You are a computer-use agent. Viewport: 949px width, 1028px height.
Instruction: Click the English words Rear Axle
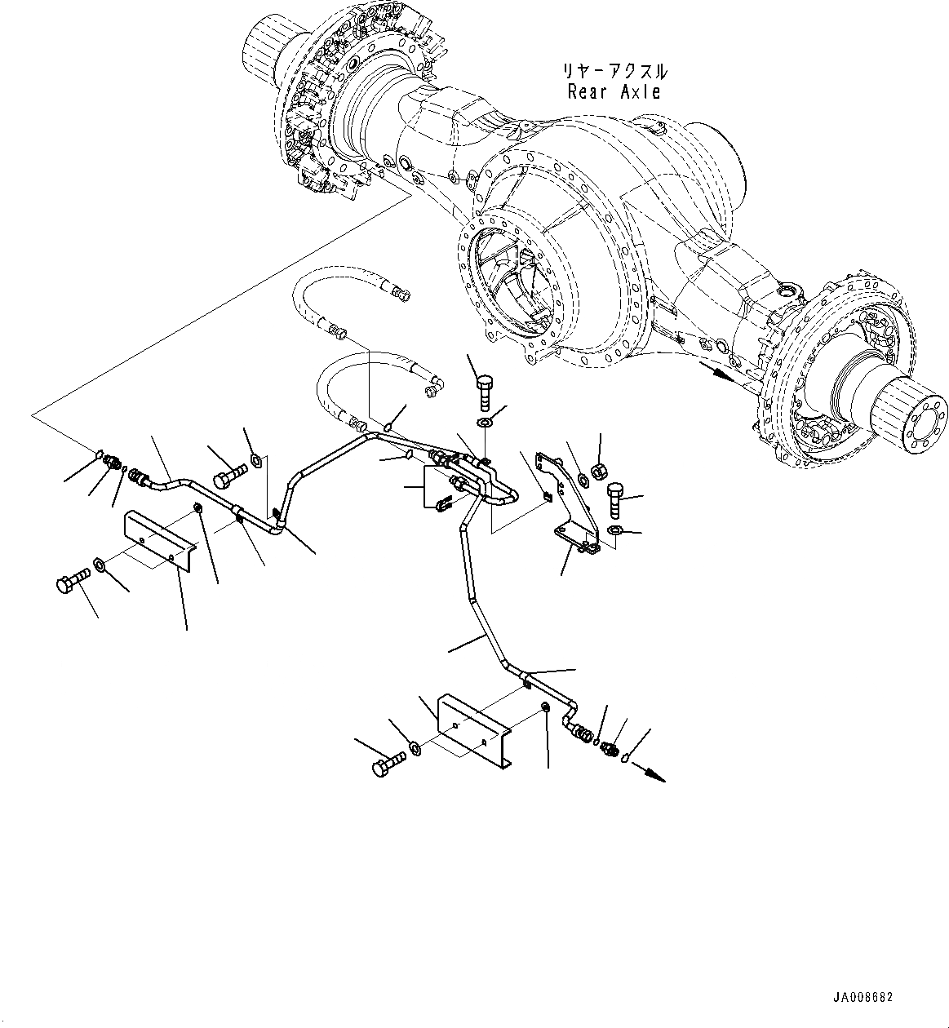point(614,91)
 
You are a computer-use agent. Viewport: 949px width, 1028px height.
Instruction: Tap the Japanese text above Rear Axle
point(614,71)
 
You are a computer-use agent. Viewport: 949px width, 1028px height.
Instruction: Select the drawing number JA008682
point(863,997)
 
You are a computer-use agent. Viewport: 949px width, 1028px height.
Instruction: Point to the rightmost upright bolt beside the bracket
point(616,498)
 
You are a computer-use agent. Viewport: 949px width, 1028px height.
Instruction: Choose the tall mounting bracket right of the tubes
point(570,498)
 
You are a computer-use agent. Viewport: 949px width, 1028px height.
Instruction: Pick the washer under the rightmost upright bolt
point(615,532)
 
